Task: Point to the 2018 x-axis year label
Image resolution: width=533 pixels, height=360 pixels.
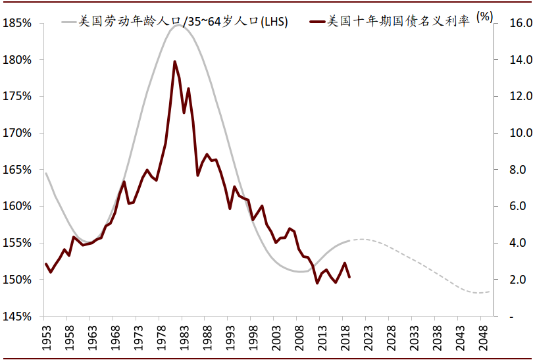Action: pyautogui.click(x=345, y=338)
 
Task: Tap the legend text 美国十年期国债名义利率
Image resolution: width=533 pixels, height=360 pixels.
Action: pyautogui.click(x=397, y=22)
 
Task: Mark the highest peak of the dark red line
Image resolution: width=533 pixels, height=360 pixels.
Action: pyautogui.click(x=174, y=61)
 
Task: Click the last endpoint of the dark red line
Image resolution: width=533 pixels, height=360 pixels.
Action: pyautogui.click(x=349, y=277)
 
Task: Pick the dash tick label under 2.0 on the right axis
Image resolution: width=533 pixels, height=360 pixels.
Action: pyautogui.click(x=512, y=317)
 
